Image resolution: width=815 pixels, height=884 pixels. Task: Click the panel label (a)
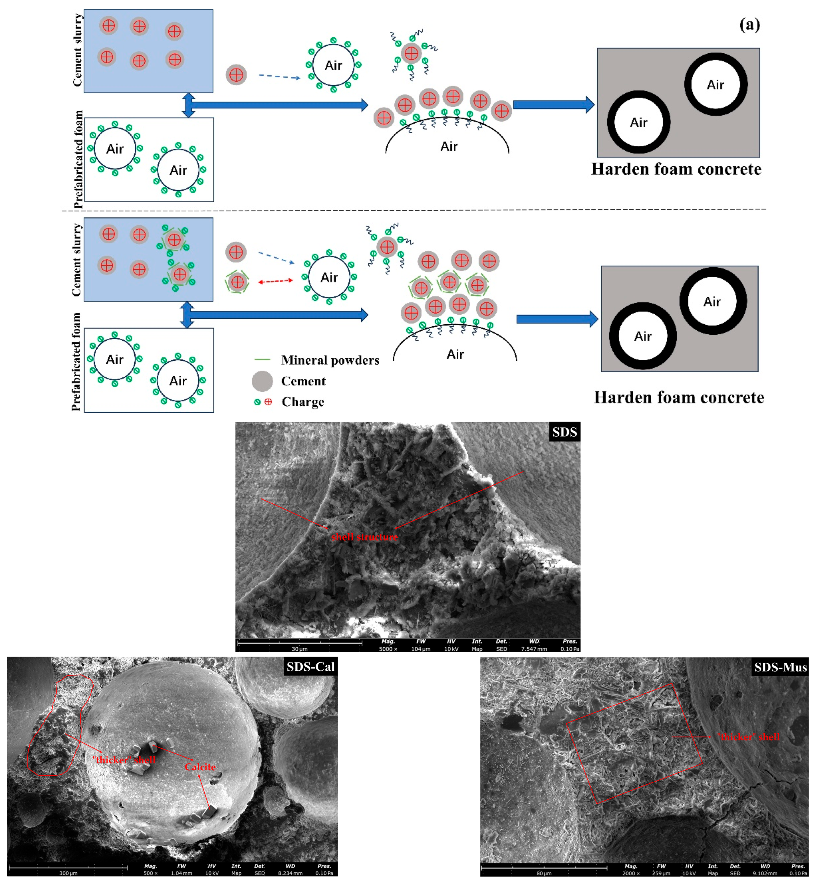749,25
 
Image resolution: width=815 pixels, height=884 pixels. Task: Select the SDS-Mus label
780,667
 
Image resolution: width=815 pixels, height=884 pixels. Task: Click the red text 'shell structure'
364,537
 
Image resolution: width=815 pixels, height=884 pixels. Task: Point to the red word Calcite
200,767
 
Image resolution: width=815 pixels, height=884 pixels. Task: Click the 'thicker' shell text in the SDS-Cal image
124,760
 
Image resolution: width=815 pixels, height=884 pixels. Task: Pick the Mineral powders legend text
330,360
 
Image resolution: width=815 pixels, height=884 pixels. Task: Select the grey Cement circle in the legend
262,381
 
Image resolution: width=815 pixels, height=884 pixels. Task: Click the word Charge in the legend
303,402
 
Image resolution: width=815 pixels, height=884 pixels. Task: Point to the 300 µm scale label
68,873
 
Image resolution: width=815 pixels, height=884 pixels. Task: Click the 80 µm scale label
544,873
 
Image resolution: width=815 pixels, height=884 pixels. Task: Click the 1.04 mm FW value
181,873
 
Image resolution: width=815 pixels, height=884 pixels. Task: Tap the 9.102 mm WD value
765,873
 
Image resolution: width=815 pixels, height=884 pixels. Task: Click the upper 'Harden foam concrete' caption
676,169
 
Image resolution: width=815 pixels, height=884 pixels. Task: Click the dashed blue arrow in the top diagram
279,77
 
